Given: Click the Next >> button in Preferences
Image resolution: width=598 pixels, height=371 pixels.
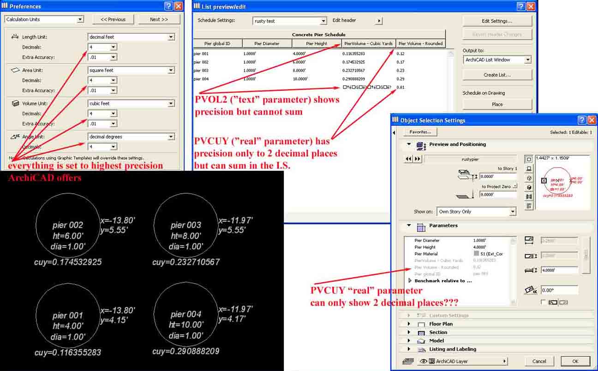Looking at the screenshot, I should click(x=159, y=19).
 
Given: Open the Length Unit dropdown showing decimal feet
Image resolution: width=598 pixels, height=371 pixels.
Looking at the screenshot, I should click(x=131, y=37).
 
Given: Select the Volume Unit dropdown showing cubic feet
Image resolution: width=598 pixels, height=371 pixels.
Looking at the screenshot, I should click(x=131, y=103).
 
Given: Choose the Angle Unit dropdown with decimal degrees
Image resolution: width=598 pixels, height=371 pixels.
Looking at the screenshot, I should click(x=131, y=137).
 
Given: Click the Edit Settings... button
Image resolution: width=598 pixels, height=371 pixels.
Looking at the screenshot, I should click(x=497, y=21).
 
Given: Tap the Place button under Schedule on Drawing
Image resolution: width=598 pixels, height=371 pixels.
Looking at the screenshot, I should click(x=497, y=104).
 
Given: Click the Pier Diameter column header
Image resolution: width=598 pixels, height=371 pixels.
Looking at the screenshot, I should click(x=267, y=44).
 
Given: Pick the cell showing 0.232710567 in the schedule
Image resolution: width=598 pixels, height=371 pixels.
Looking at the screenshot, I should click(x=353, y=71).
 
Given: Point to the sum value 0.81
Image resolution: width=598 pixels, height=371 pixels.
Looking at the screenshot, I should click(x=401, y=87).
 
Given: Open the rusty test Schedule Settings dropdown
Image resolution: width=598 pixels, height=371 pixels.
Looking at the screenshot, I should click(x=290, y=21).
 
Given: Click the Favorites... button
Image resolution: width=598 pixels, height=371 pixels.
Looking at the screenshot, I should click(x=420, y=132).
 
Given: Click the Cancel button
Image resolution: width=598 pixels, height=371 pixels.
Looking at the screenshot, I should click(x=539, y=361).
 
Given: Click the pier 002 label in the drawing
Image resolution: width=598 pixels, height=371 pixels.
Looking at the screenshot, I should click(x=67, y=225).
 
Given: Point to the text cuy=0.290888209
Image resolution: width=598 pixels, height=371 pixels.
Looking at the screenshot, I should click(x=185, y=352).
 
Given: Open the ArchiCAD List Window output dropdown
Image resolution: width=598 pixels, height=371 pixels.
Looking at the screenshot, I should click(x=497, y=60).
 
